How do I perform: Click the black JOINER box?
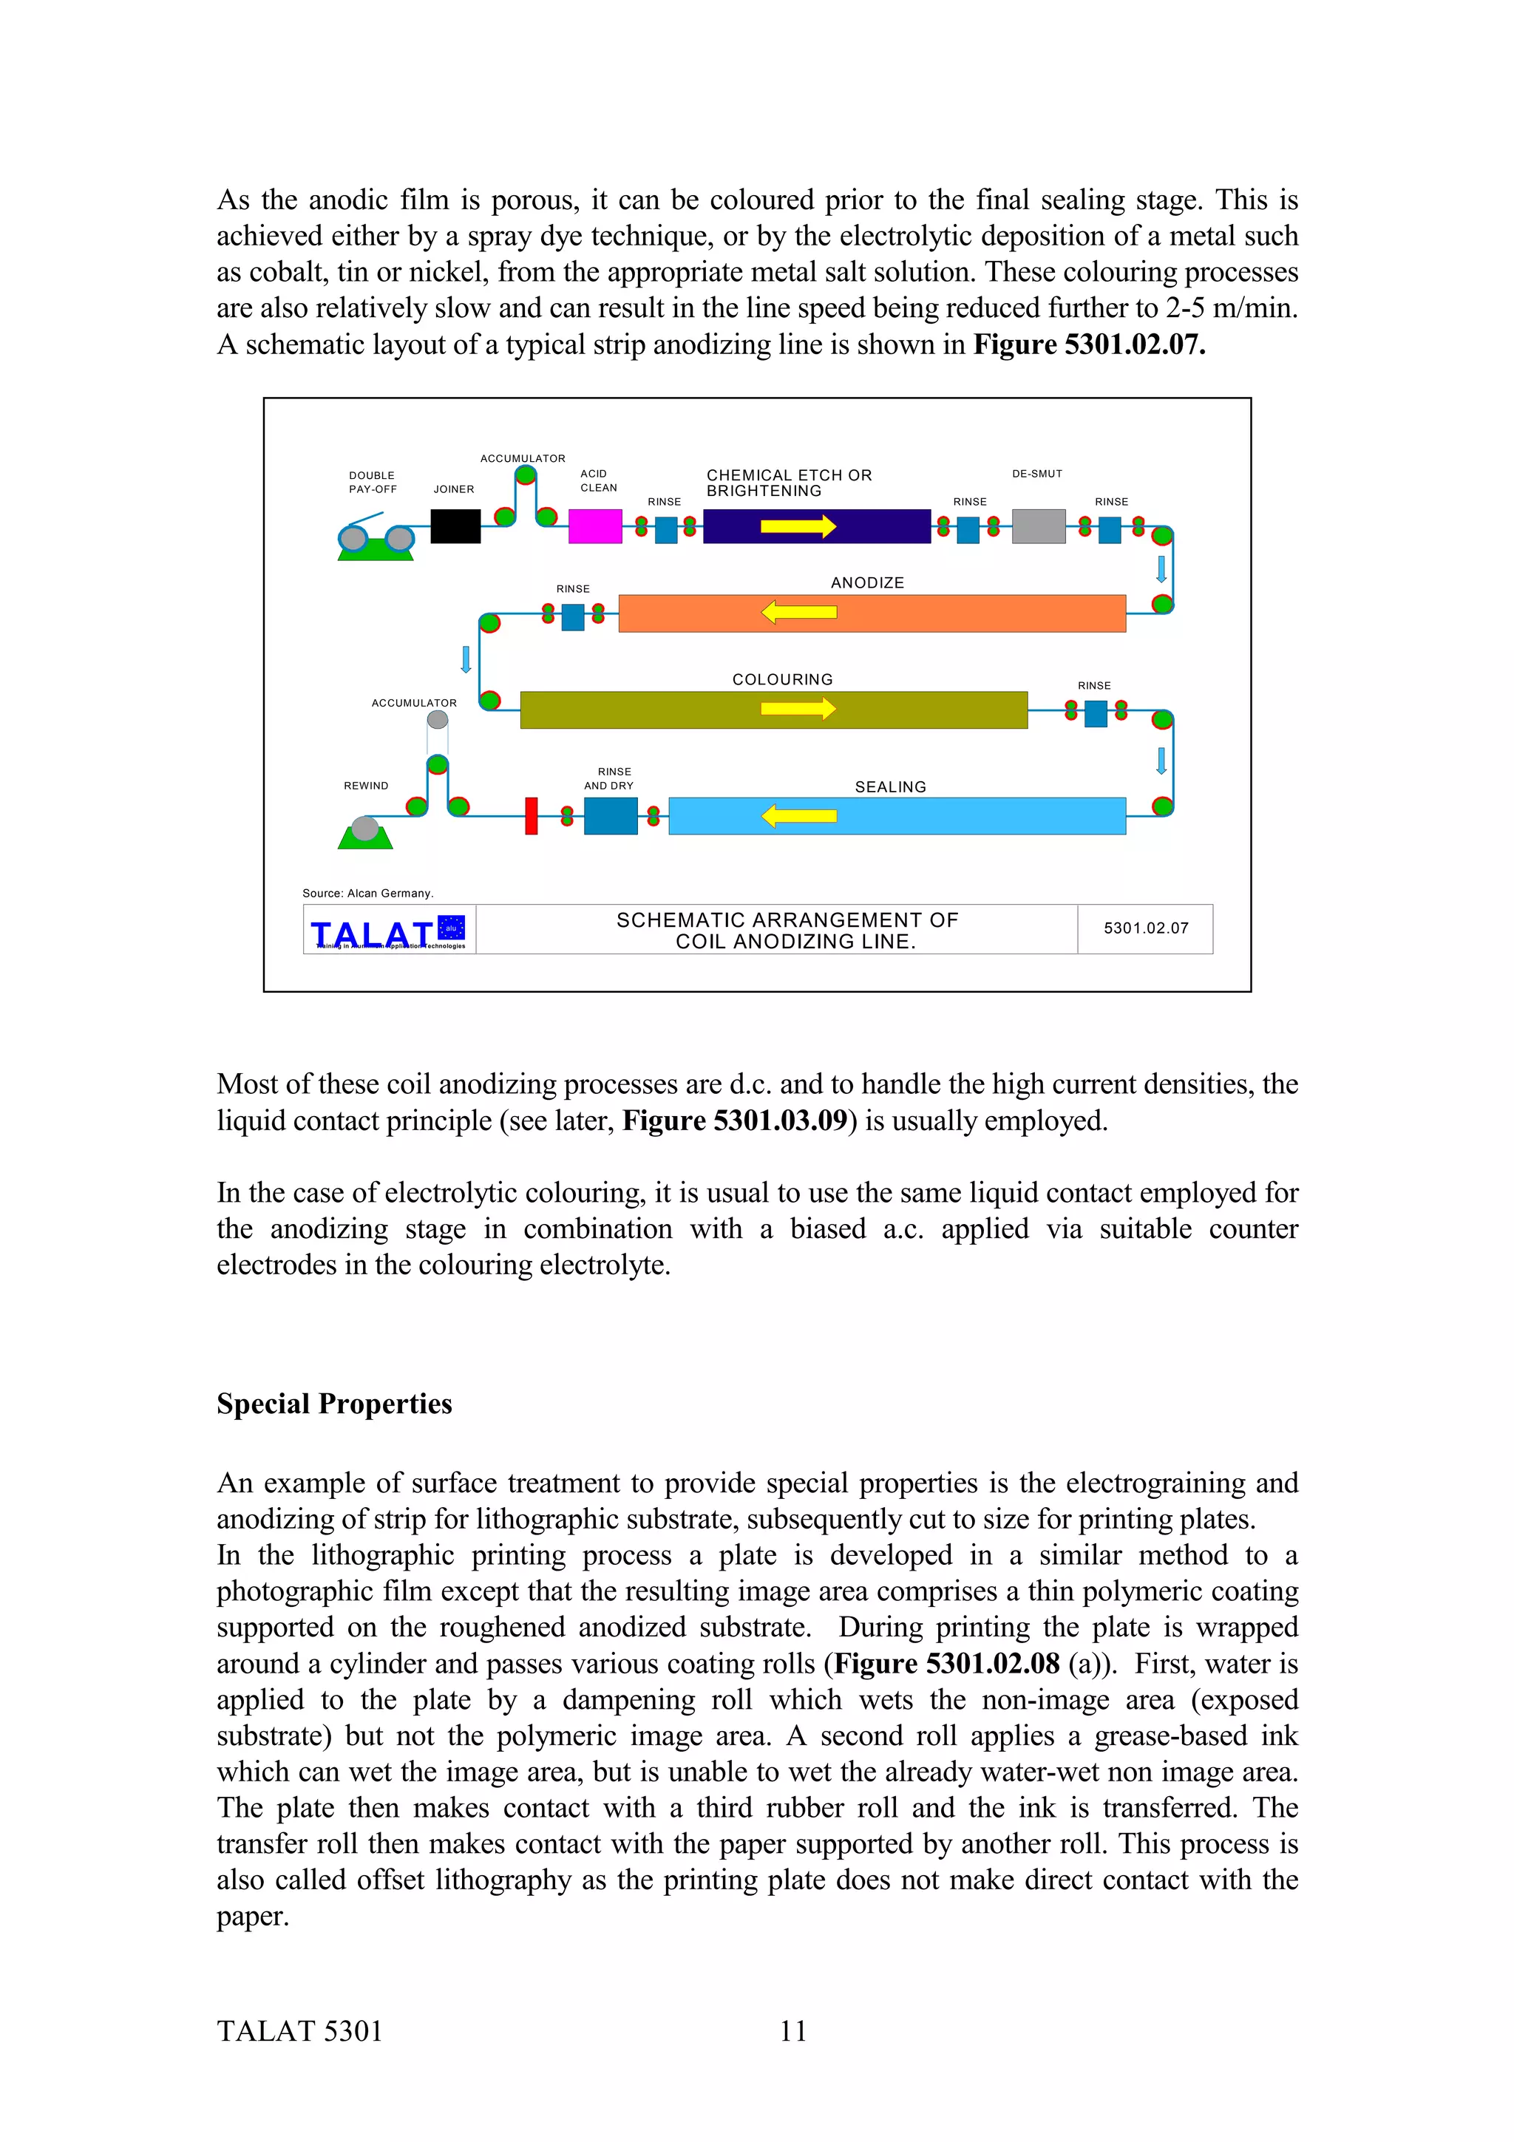tap(455, 526)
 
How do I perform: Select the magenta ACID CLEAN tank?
tap(595, 526)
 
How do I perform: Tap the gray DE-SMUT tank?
tap(1038, 526)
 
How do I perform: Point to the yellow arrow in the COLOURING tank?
tap(798, 709)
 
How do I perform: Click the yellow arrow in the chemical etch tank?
tap(798, 526)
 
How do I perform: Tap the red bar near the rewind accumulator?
tap(531, 816)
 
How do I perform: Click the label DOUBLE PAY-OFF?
tap(372, 483)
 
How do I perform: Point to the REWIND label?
tap(366, 786)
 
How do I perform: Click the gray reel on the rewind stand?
tap(364, 829)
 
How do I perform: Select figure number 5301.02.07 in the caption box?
tap(1146, 928)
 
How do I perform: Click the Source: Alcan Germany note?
tap(367, 893)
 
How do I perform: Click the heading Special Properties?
tap(334, 1404)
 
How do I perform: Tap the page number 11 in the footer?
tap(793, 2031)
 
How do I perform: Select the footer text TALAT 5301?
tap(299, 2031)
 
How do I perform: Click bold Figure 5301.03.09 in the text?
tap(734, 1121)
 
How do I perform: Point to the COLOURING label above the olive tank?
tap(781, 679)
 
